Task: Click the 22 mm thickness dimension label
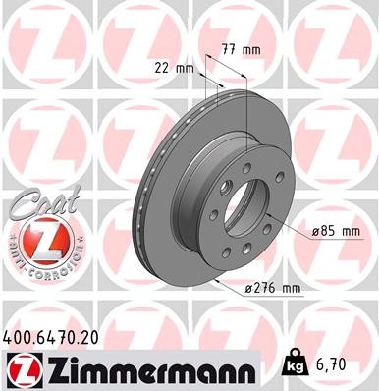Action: (x=173, y=69)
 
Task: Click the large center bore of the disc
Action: (x=253, y=207)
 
